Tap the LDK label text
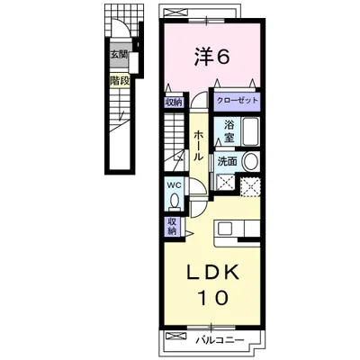(213, 273)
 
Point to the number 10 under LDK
(212, 298)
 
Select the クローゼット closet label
(238, 100)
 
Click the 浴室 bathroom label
(229, 131)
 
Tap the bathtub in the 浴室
(250, 131)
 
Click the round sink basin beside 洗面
(251, 162)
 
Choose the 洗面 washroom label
(227, 162)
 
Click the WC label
(174, 185)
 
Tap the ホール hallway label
(198, 146)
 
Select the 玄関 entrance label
(120, 55)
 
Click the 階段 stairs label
(120, 80)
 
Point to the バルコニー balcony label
(220, 340)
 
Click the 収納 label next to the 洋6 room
(174, 102)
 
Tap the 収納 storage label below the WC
(172, 227)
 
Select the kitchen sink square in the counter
(224, 229)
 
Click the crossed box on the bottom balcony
(174, 336)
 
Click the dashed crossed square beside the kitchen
(250, 187)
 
